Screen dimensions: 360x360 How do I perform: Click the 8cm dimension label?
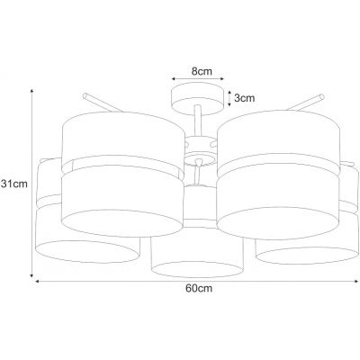pyautogui.click(x=202, y=71)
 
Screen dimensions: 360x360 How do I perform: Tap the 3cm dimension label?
pyautogui.click(x=244, y=98)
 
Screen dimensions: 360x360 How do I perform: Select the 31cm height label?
pyautogui.click(x=14, y=184)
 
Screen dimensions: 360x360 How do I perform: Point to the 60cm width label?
pyautogui.click(x=199, y=288)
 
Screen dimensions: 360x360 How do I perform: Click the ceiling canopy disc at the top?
pyautogui.click(x=197, y=98)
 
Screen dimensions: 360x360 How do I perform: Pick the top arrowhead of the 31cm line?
pyautogui.click(x=31, y=91)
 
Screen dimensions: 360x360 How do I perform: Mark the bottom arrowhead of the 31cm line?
pyautogui.click(x=31, y=275)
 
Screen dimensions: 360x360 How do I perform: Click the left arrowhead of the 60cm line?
pyautogui.click(x=38, y=281)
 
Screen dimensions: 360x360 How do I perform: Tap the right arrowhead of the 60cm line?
pyautogui.click(x=356, y=281)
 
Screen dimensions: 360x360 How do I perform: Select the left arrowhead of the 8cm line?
pyautogui.click(x=174, y=78)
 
